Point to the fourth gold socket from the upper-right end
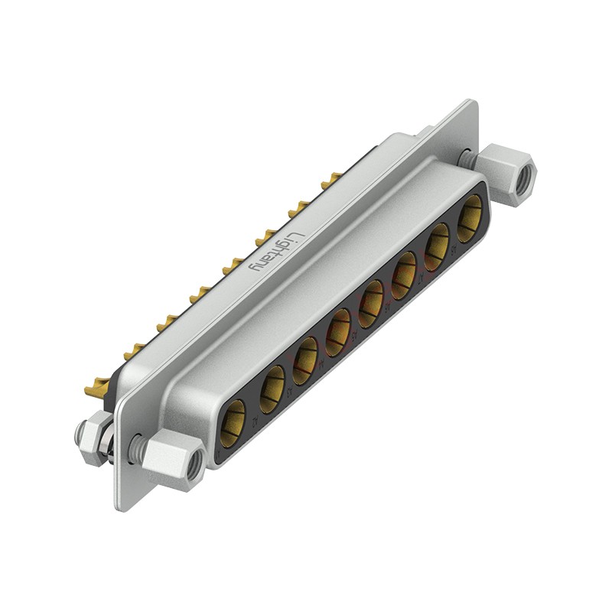coord(371,302)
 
